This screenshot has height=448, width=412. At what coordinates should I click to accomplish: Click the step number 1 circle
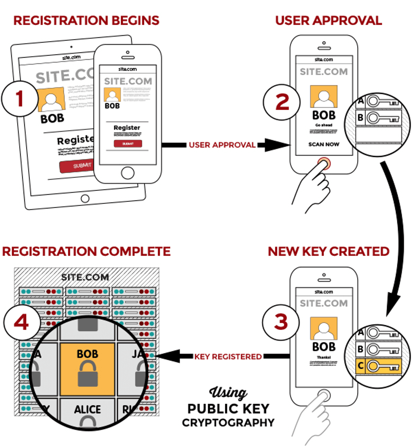(19, 99)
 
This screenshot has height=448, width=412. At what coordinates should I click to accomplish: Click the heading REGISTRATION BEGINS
(86, 20)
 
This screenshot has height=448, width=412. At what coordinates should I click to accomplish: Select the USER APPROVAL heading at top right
(328, 20)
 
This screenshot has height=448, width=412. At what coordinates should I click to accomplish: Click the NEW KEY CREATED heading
(328, 251)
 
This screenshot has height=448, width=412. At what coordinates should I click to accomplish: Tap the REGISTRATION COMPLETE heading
(86, 251)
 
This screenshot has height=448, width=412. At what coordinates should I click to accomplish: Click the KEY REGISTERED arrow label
(228, 356)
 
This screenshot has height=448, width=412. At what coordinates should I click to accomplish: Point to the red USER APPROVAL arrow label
(222, 145)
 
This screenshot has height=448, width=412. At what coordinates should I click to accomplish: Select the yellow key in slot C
(383, 366)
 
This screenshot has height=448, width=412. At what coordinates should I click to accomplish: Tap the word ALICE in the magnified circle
(87, 409)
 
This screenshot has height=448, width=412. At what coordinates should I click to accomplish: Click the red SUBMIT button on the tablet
(77, 166)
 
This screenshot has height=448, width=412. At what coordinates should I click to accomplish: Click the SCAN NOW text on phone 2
(324, 144)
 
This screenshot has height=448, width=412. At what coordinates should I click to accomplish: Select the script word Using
(228, 393)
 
